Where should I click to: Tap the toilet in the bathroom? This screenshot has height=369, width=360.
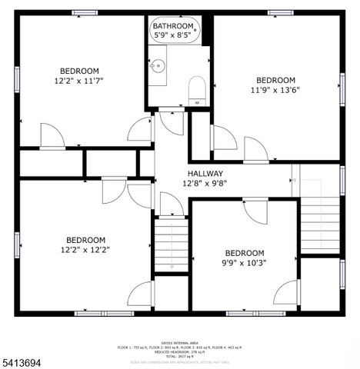(197, 89)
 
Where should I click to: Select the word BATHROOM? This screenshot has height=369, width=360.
(172, 25)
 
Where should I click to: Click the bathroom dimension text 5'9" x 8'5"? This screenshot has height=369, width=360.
(172, 35)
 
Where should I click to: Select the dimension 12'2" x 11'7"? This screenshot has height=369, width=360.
(78, 80)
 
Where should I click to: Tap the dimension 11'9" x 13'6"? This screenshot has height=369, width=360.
(275, 90)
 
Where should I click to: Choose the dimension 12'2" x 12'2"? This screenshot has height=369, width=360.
(85, 249)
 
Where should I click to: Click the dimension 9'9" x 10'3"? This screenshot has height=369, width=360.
(244, 263)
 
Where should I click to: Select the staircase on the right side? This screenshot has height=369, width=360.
(319, 220)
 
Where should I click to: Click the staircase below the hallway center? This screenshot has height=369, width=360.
(171, 244)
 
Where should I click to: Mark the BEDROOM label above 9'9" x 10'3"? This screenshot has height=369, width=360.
(244, 253)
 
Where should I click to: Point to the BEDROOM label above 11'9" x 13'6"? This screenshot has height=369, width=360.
(275, 80)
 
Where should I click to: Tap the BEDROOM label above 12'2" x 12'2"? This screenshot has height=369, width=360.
(85, 239)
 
